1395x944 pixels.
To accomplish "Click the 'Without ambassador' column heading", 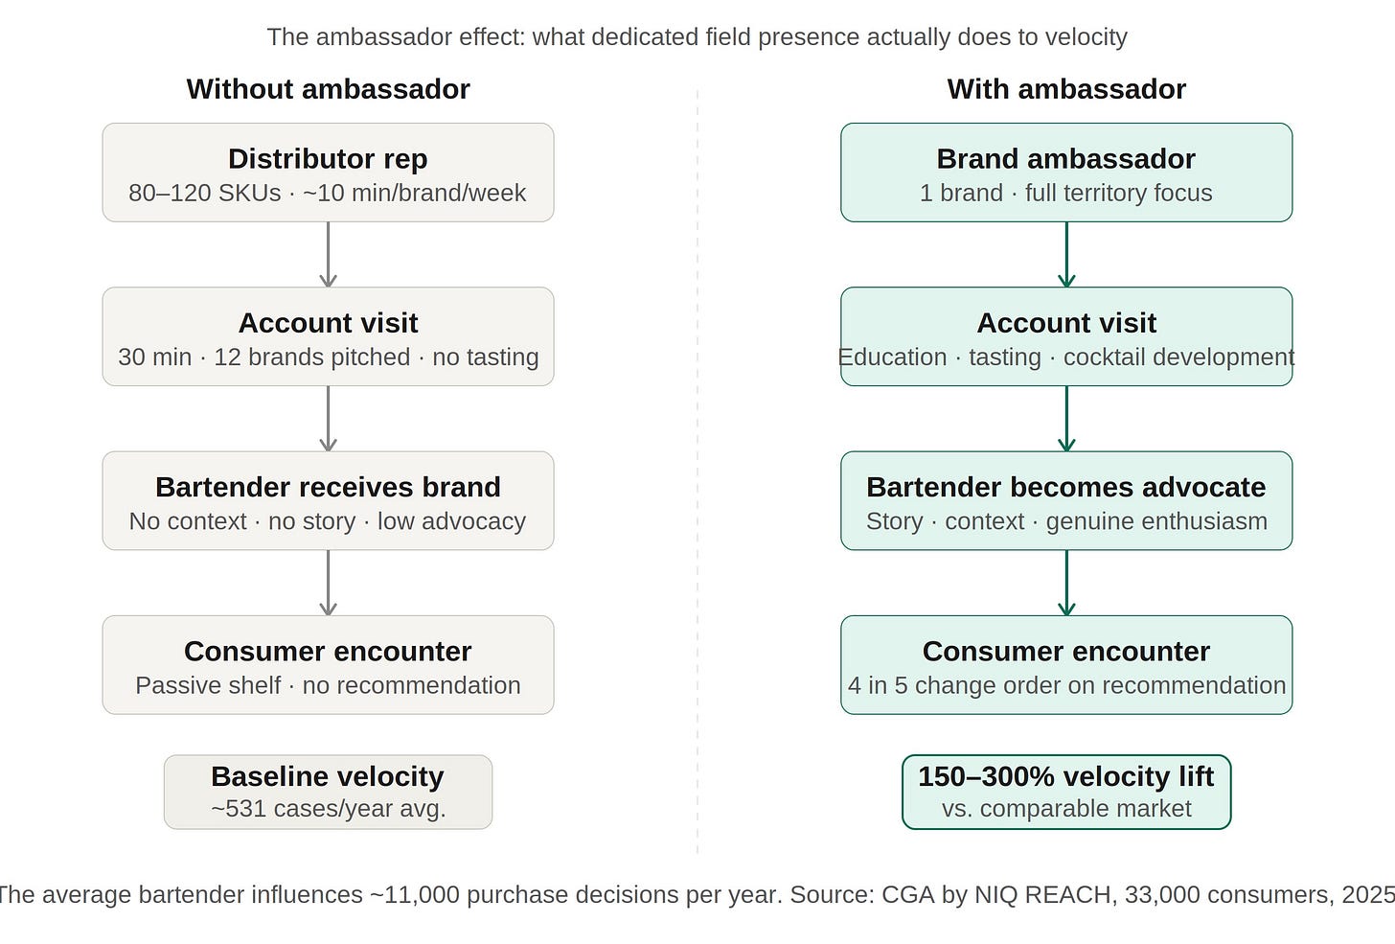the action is pos(329,89).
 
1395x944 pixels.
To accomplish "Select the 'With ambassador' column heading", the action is pos(1066,89).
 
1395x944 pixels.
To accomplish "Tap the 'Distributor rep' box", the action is pos(329,173).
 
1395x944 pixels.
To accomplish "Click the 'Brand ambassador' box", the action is pos(1066,173).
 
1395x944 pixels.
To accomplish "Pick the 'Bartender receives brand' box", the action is pos(329,501).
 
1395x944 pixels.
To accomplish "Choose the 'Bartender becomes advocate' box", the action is pos(1066,501).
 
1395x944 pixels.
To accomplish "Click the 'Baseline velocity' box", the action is pos(329,792).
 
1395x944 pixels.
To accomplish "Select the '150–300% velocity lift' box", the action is pos(1066,792).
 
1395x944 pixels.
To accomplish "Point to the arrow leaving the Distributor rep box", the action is pos(329,254).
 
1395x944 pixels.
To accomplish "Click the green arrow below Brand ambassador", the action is pos(1066,254).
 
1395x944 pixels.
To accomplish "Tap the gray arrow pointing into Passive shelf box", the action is pos(329,583).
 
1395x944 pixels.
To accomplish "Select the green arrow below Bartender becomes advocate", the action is pos(1066,583).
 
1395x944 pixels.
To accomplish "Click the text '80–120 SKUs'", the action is pos(205,194).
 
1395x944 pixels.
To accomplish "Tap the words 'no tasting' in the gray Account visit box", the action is pos(485,357).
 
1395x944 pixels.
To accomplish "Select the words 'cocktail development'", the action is pos(1178,357).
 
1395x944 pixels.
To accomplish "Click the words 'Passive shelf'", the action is pos(208,685).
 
